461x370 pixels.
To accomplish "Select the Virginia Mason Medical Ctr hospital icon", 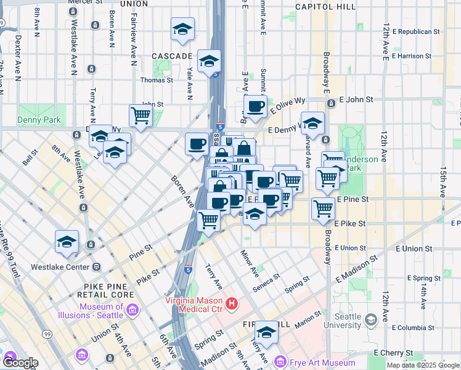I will pos(232,303).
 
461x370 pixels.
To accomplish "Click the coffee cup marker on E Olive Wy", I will pos(255,106).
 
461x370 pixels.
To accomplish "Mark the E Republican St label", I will pos(418,31).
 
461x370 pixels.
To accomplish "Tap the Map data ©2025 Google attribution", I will pos(423,365).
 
